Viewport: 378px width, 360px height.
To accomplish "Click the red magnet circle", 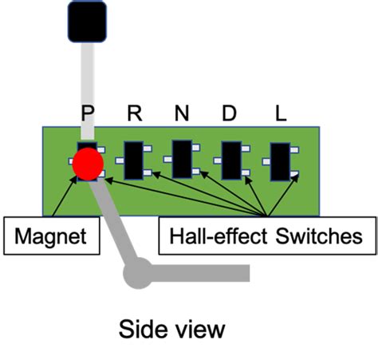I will point(88,164).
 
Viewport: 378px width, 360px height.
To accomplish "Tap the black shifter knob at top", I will point(87,21).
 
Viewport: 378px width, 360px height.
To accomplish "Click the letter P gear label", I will point(89,113).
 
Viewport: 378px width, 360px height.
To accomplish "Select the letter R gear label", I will point(136,113).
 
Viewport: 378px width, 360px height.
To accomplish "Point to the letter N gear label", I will point(183,113).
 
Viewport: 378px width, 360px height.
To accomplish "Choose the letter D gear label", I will point(230,113).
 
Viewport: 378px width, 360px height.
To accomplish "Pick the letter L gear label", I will point(280,113).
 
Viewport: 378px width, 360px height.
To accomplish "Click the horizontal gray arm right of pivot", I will point(199,272).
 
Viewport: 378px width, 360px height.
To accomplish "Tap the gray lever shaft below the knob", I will point(88,80).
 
